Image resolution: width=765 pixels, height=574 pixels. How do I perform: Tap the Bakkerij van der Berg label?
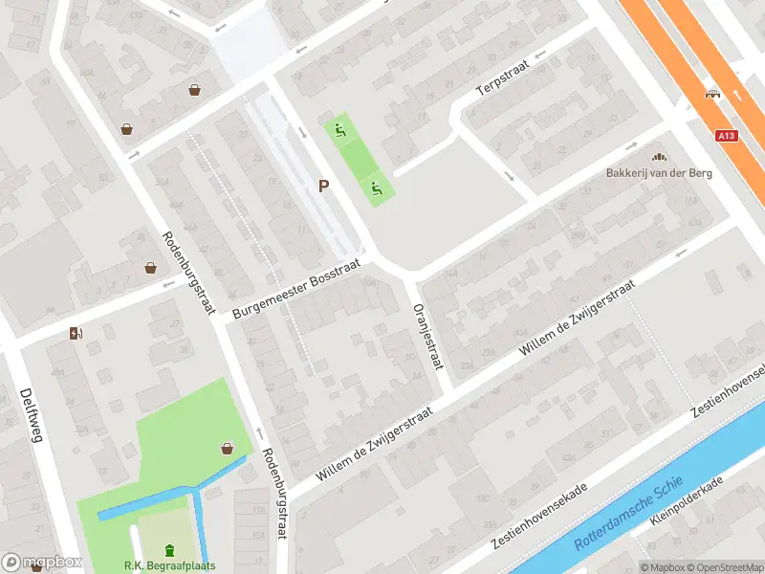658,174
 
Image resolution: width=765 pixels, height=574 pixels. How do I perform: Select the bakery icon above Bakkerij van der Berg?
658,157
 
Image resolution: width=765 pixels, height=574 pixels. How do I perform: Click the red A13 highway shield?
727,137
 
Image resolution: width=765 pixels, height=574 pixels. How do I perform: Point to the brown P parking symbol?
324,187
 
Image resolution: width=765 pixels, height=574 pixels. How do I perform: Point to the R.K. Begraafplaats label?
170,565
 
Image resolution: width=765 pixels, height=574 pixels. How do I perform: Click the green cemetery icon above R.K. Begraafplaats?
170,549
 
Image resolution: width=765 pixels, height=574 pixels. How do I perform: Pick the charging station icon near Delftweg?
76,333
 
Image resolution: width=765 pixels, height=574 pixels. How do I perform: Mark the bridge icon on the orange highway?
711,93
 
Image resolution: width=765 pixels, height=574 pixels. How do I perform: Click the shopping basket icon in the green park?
227,448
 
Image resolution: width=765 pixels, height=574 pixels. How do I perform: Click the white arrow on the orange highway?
737,94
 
